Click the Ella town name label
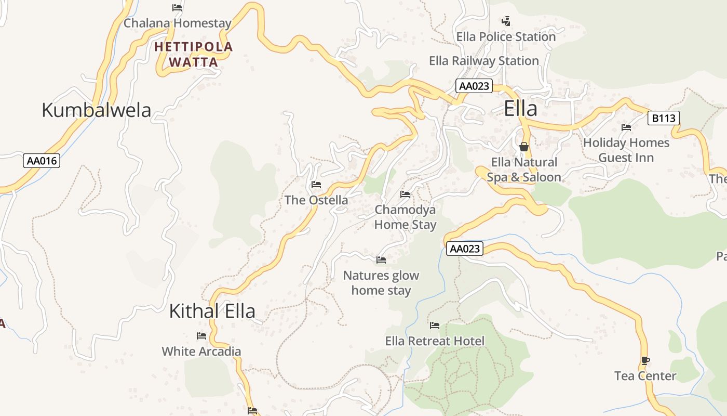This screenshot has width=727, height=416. coord(520,109)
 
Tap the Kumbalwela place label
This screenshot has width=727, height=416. coord(96,110)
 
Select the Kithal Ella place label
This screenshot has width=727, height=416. coord(212,311)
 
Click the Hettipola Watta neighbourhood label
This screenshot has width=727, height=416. coord(194,55)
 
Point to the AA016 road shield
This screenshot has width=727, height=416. coord(42,161)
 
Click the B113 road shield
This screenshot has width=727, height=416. coord(664,118)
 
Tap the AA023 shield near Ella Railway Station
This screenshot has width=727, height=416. coord(474,86)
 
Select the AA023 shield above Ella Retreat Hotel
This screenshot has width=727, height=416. coord(465,249)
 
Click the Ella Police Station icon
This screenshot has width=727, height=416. coord(506,21)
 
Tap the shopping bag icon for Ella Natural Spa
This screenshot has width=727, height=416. coord(524,147)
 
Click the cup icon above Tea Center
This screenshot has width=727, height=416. coord(645,360)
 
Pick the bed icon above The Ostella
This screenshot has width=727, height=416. coord(316,185)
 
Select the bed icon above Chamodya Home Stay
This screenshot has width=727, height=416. coord(405,194)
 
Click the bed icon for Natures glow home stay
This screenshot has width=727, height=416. coord(381,259)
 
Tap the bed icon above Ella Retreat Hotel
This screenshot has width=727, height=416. coord(435,326)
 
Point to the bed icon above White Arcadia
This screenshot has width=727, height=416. coord(201,336)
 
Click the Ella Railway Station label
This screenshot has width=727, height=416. coord(483,61)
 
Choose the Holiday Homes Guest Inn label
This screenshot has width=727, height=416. coord(626,150)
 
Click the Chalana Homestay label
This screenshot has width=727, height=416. coord(177,23)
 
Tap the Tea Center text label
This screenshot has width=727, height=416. coord(645,376)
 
